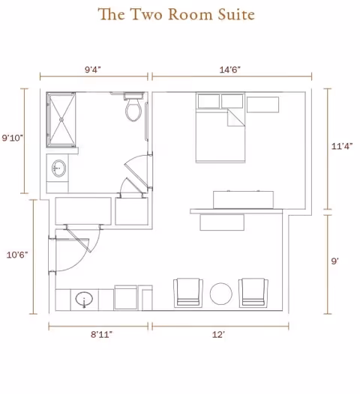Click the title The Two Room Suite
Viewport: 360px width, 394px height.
click(x=176, y=14)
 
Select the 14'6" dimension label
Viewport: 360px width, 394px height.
click(x=229, y=69)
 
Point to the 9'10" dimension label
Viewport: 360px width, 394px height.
click(x=13, y=138)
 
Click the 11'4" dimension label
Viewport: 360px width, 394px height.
click(x=341, y=147)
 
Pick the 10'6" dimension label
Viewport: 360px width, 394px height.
click(x=16, y=255)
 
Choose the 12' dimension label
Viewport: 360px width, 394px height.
click(x=219, y=335)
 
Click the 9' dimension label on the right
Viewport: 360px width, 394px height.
click(x=334, y=261)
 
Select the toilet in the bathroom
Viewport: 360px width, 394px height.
click(x=134, y=109)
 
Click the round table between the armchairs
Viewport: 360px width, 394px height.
click(x=222, y=293)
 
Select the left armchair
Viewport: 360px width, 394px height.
click(x=188, y=292)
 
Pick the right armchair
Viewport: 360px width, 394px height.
click(x=253, y=292)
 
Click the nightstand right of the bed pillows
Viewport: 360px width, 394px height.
click(x=262, y=104)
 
